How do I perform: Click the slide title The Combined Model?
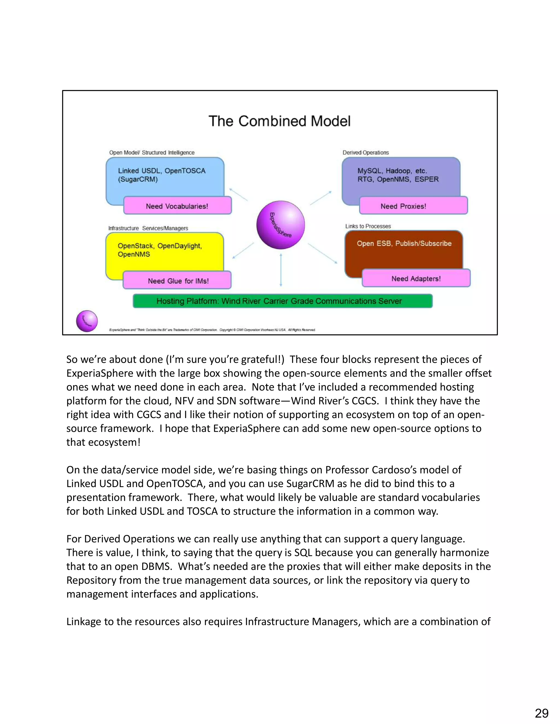coord(279,121)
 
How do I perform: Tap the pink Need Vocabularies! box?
coord(177,206)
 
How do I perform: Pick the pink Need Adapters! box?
coord(416,278)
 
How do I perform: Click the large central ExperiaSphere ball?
coord(281,225)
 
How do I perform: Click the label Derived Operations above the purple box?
coord(366,152)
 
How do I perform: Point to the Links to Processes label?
coord(368,226)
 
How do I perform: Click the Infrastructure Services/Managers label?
coord(148,228)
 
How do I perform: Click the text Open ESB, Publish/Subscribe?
coord(404,243)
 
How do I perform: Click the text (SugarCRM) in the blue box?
coord(138,179)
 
